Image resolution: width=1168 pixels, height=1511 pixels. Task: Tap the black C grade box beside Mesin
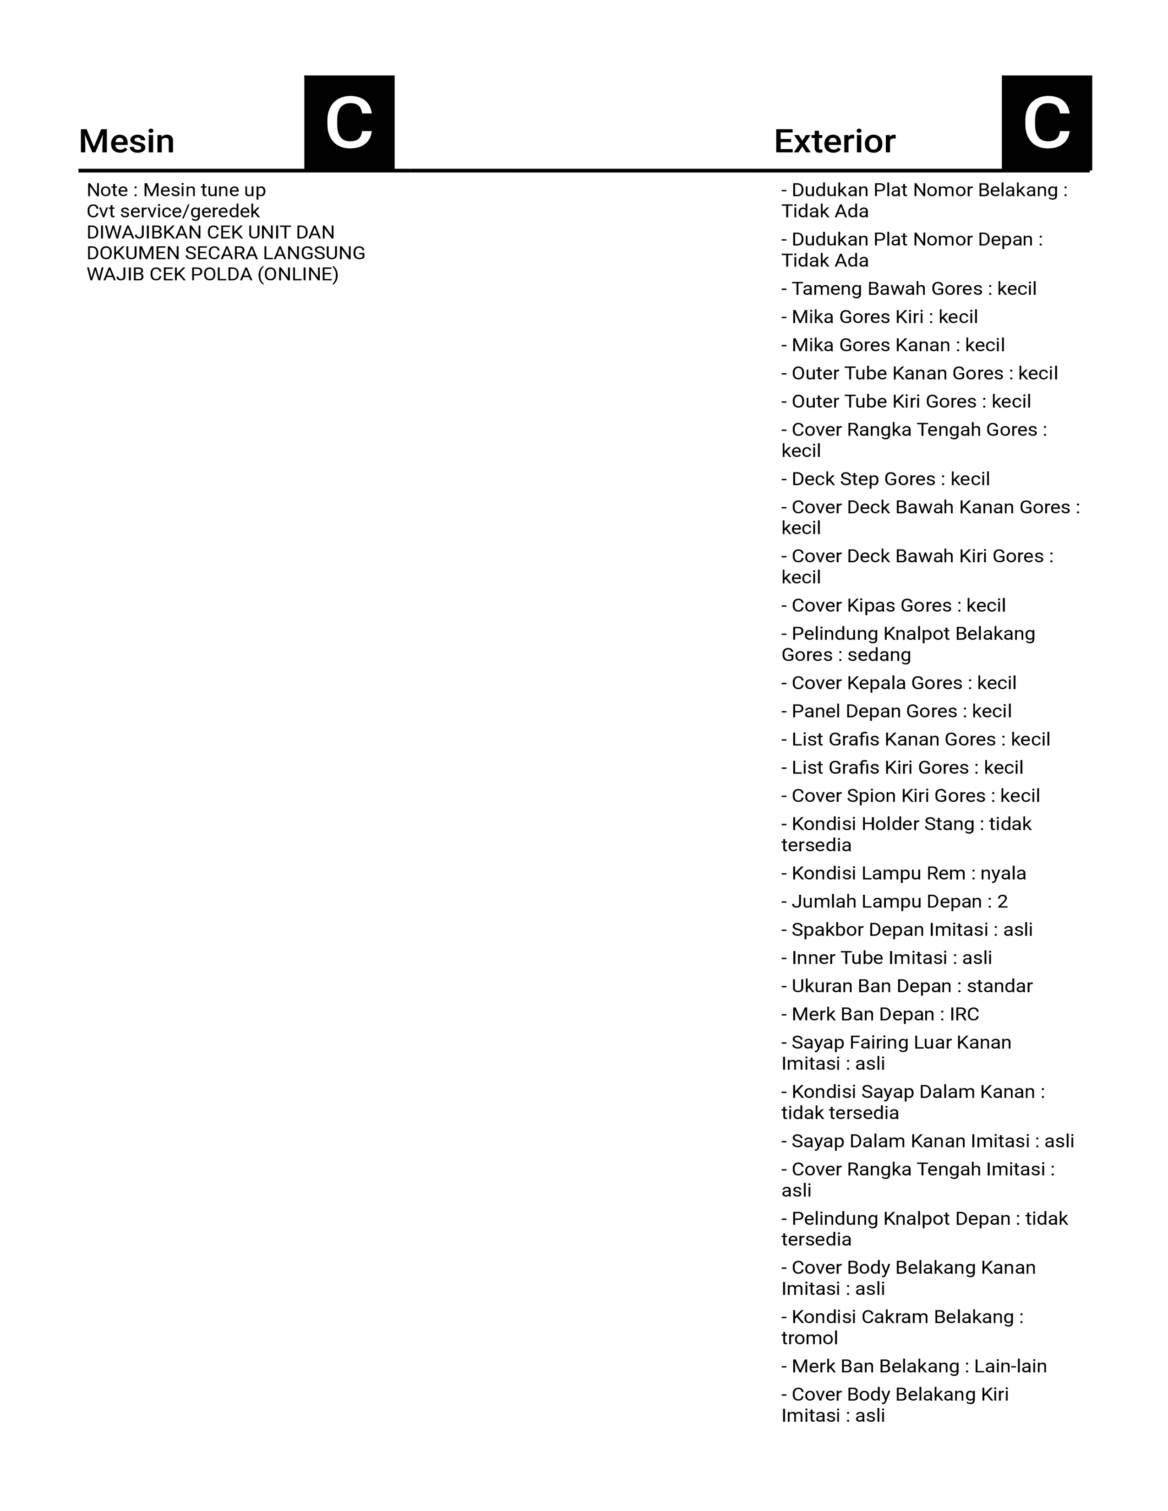[x=349, y=122]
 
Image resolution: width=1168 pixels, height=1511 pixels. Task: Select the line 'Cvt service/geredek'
[x=173, y=211]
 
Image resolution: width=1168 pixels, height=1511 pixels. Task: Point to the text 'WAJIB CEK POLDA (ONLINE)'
[x=213, y=275]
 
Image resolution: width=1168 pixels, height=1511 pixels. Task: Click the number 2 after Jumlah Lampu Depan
[x=1003, y=902]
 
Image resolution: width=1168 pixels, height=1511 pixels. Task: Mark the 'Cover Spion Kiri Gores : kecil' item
[x=911, y=796]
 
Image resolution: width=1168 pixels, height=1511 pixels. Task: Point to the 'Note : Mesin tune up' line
[x=176, y=190]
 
